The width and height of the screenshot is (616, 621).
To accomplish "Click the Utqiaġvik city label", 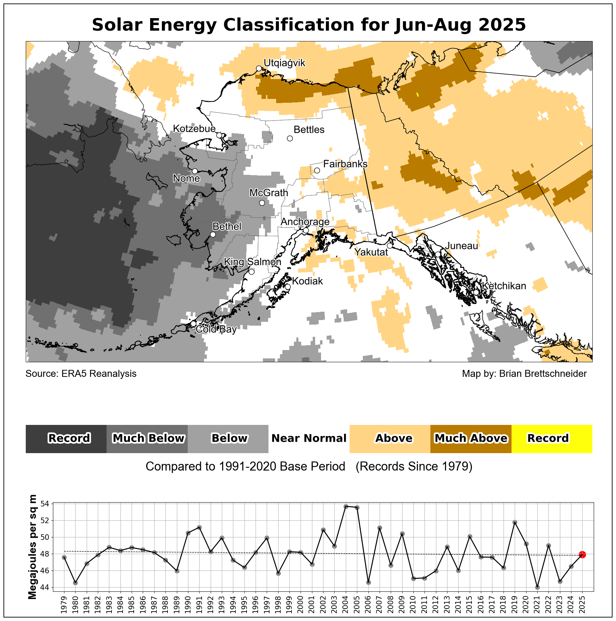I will pyautogui.click(x=284, y=63).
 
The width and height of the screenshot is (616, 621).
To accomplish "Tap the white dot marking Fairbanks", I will pyautogui.click(x=317, y=170).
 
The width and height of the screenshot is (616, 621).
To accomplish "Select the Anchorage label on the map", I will pyautogui.click(x=305, y=222).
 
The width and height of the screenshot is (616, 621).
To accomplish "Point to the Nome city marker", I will pyautogui.click(x=195, y=171).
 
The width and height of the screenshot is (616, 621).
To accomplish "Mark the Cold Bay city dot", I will pyautogui.click(x=193, y=324).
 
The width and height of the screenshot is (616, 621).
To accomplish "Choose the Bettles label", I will pyautogui.click(x=309, y=130).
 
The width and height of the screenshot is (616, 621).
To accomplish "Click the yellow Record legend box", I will pyautogui.click(x=552, y=438).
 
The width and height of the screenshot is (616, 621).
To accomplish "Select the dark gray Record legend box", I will pyautogui.click(x=66, y=438).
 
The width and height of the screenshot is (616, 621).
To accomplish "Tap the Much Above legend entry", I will pyautogui.click(x=471, y=438).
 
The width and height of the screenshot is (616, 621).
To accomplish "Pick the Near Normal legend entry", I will pyautogui.click(x=309, y=438).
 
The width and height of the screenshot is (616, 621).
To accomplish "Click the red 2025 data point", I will pyautogui.click(x=582, y=554).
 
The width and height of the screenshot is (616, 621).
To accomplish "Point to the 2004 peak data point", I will pyautogui.click(x=346, y=506).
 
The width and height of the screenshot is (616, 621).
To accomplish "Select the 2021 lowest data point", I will pyautogui.click(x=537, y=587).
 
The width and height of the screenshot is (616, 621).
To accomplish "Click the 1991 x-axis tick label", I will pyautogui.click(x=199, y=604).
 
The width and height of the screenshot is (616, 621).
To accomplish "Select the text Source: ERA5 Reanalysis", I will pyautogui.click(x=81, y=374).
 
